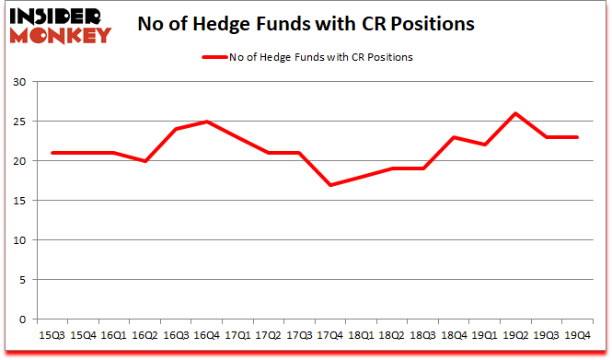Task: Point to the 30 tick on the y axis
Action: (x=21, y=82)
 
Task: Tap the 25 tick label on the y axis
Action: (x=21, y=122)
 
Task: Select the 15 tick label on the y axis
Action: (x=21, y=201)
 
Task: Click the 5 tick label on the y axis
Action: (x=24, y=280)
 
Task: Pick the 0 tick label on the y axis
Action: (x=24, y=319)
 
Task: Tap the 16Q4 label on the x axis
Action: (x=206, y=335)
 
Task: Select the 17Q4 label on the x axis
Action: (x=330, y=335)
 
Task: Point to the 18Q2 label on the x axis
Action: (x=392, y=335)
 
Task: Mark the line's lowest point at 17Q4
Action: (x=330, y=185)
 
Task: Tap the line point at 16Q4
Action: (x=206, y=122)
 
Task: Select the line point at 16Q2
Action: (x=144, y=161)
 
